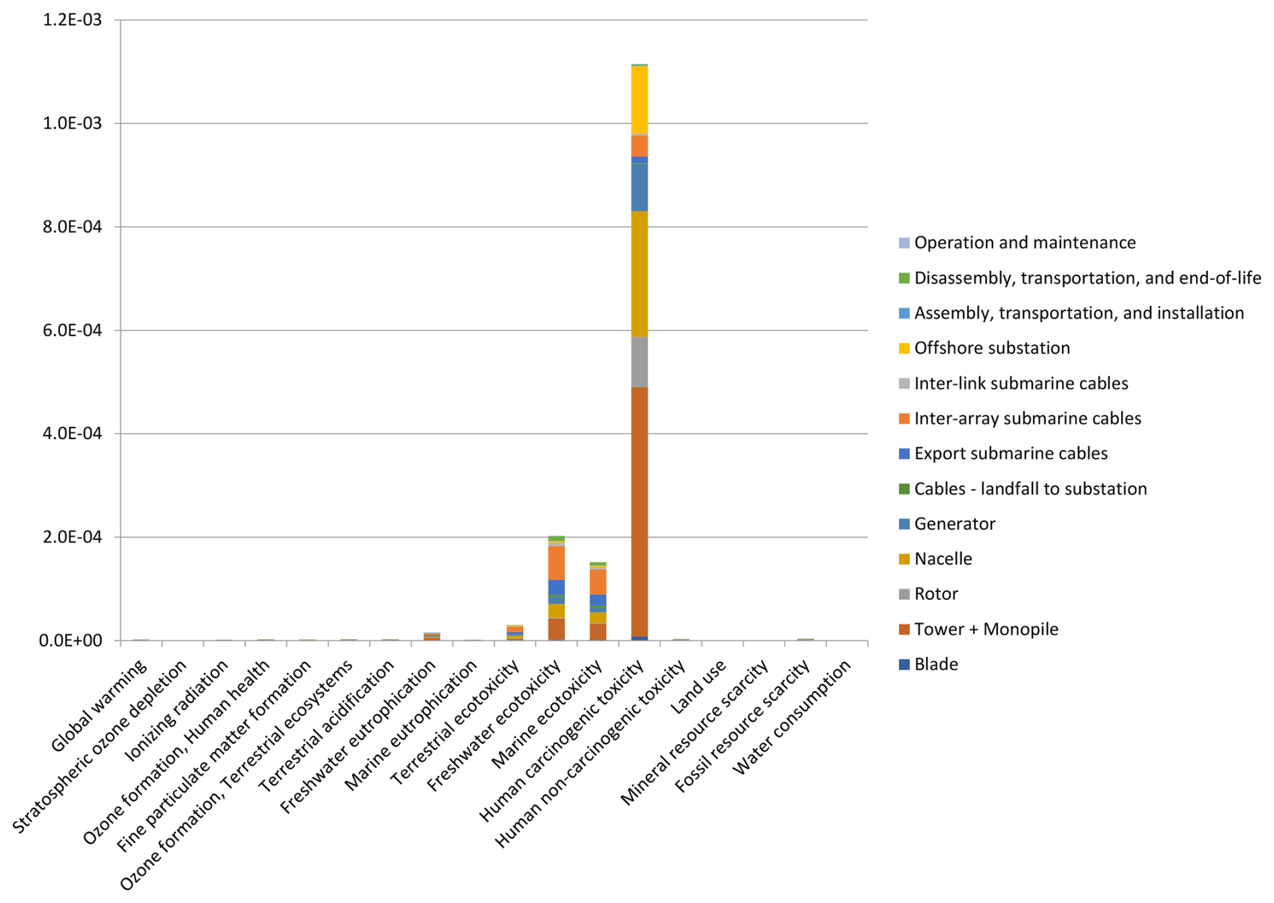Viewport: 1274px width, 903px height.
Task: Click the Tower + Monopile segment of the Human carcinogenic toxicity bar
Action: pyautogui.click(x=639, y=512)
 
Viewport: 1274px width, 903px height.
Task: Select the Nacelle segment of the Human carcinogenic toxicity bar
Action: pyautogui.click(x=639, y=273)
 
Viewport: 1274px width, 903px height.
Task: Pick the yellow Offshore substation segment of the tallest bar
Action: pyautogui.click(x=639, y=100)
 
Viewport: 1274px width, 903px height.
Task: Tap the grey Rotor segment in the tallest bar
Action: pyautogui.click(x=639, y=362)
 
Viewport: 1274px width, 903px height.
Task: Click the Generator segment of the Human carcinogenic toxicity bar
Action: pyautogui.click(x=639, y=187)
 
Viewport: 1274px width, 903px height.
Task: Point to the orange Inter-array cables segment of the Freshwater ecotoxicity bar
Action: pyautogui.click(x=556, y=563)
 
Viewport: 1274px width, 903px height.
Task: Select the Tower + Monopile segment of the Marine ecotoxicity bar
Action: pyautogui.click(x=597, y=632)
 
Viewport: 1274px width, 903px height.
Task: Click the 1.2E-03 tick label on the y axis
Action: pyautogui.click(x=72, y=20)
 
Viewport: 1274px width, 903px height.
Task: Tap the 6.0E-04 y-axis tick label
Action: pyautogui.click(x=72, y=330)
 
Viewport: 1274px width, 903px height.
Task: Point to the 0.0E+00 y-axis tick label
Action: pyautogui.click(x=71, y=640)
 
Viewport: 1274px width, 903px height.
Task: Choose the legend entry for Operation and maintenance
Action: pyautogui.click(x=1024, y=242)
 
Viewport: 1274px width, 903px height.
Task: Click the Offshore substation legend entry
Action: pyautogui.click(x=991, y=348)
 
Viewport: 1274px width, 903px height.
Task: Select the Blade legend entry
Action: pyautogui.click(x=935, y=665)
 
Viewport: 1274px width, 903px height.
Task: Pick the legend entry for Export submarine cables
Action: pyautogui.click(x=1010, y=453)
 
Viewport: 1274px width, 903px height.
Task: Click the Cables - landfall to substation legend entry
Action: pyautogui.click(x=1030, y=489)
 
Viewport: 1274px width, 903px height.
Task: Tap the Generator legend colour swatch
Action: pyautogui.click(x=904, y=524)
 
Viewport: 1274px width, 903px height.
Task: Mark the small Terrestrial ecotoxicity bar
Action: pyautogui.click(x=514, y=632)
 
